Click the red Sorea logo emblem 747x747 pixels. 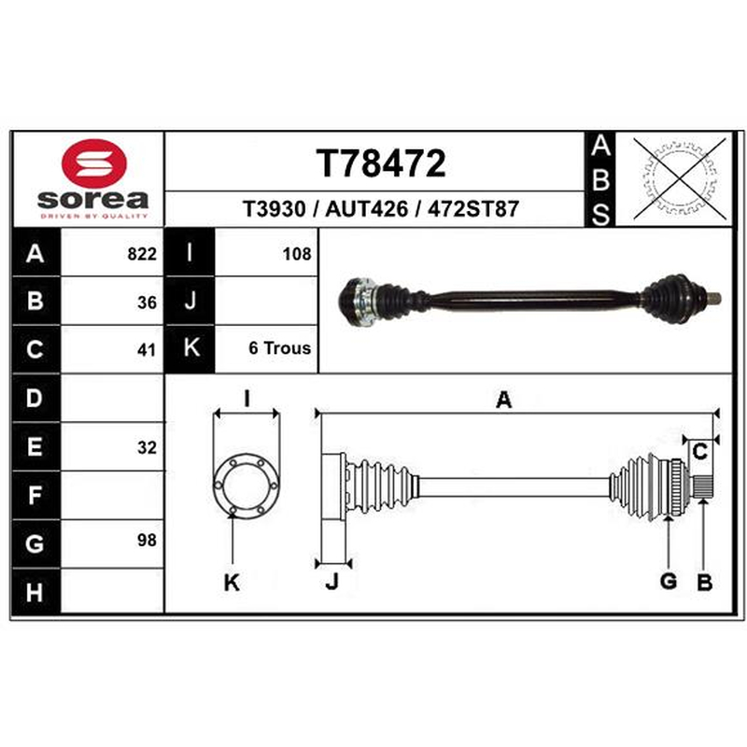pyautogui.click(x=94, y=163)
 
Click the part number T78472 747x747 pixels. pyautogui.click(x=381, y=163)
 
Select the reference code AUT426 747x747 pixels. pyautogui.click(x=366, y=208)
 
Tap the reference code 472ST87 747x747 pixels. pyautogui.click(x=473, y=208)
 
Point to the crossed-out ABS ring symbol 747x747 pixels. pyautogui.click(x=680, y=178)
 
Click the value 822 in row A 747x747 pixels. pyautogui.click(x=142, y=254)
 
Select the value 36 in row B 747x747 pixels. pyautogui.click(x=147, y=303)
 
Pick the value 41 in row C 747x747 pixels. pyautogui.click(x=147, y=350)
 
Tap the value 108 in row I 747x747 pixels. pyautogui.click(x=297, y=254)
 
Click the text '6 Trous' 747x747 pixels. pyautogui.click(x=279, y=348)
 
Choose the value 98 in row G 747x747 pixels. pyautogui.click(x=147, y=540)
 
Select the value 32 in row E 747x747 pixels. pyautogui.click(x=147, y=447)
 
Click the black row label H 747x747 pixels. pyautogui.click(x=35, y=593)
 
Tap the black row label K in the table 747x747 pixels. pyautogui.click(x=191, y=347)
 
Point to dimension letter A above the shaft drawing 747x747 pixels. pyautogui.click(x=504, y=400)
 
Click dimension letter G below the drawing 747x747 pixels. pyautogui.click(x=669, y=581)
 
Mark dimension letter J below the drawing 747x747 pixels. pyautogui.click(x=332, y=582)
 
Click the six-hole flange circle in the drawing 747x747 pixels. pyautogui.click(x=247, y=485)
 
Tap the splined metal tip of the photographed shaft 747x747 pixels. pyautogui.click(x=713, y=299)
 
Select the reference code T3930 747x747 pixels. pyautogui.click(x=274, y=208)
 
